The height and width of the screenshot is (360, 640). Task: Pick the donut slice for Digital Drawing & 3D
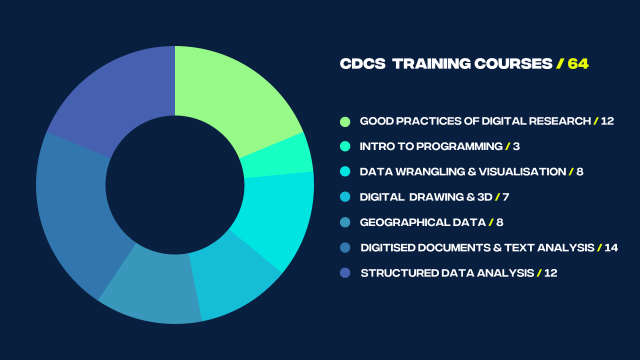(x=234, y=280)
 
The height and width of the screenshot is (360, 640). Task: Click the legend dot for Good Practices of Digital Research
(x=346, y=121)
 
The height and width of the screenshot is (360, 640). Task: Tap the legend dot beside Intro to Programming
(x=346, y=146)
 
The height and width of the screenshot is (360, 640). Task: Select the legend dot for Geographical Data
(x=346, y=222)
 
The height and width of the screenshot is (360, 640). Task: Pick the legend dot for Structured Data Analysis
(x=346, y=272)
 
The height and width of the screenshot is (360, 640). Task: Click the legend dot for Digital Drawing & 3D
(x=346, y=197)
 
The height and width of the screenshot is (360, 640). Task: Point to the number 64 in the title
(x=578, y=63)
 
